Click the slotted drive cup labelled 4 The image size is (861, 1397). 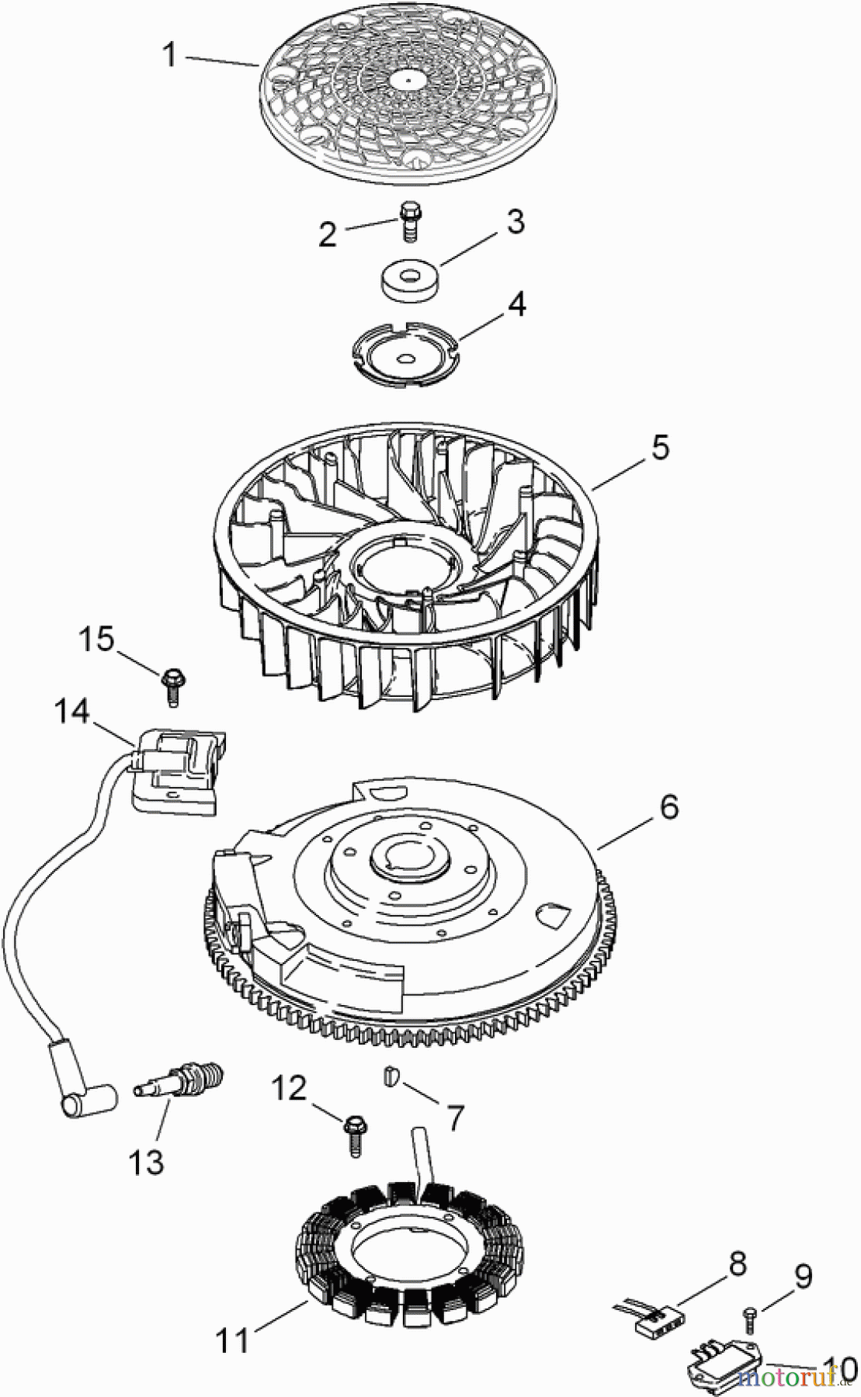click(x=403, y=353)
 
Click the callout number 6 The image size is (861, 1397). click(x=668, y=806)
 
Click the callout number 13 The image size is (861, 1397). click(x=147, y=1162)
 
